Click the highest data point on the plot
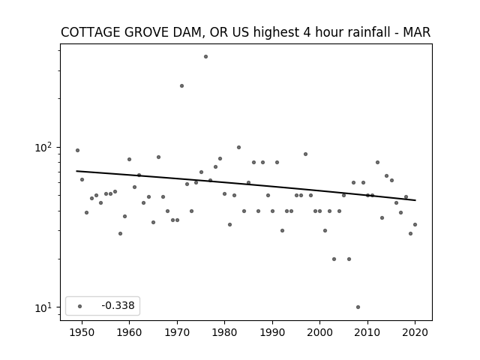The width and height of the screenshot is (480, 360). click(x=205, y=57)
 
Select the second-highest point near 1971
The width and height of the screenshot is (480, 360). click(x=181, y=86)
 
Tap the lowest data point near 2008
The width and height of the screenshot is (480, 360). click(x=358, y=307)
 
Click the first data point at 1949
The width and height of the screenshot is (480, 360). click(x=77, y=150)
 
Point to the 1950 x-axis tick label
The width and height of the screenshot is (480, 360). click(x=82, y=332)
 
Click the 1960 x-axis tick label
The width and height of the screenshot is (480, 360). click(x=129, y=332)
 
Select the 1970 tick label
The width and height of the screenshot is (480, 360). click(x=177, y=332)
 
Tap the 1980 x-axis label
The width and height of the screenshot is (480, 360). click(x=224, y=332)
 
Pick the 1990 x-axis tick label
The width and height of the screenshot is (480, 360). click(x=272, y=332)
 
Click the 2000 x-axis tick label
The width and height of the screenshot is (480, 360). click(x=320, y=332)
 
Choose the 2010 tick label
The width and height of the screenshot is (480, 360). click(x=367, y=332)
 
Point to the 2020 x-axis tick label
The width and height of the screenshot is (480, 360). click(x=415, y=332)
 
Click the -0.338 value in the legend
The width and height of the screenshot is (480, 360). click(x=118, y=305)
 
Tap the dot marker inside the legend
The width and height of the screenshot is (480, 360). click(x=80, y=306)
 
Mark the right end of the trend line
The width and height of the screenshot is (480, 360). click(x=415, y=200)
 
